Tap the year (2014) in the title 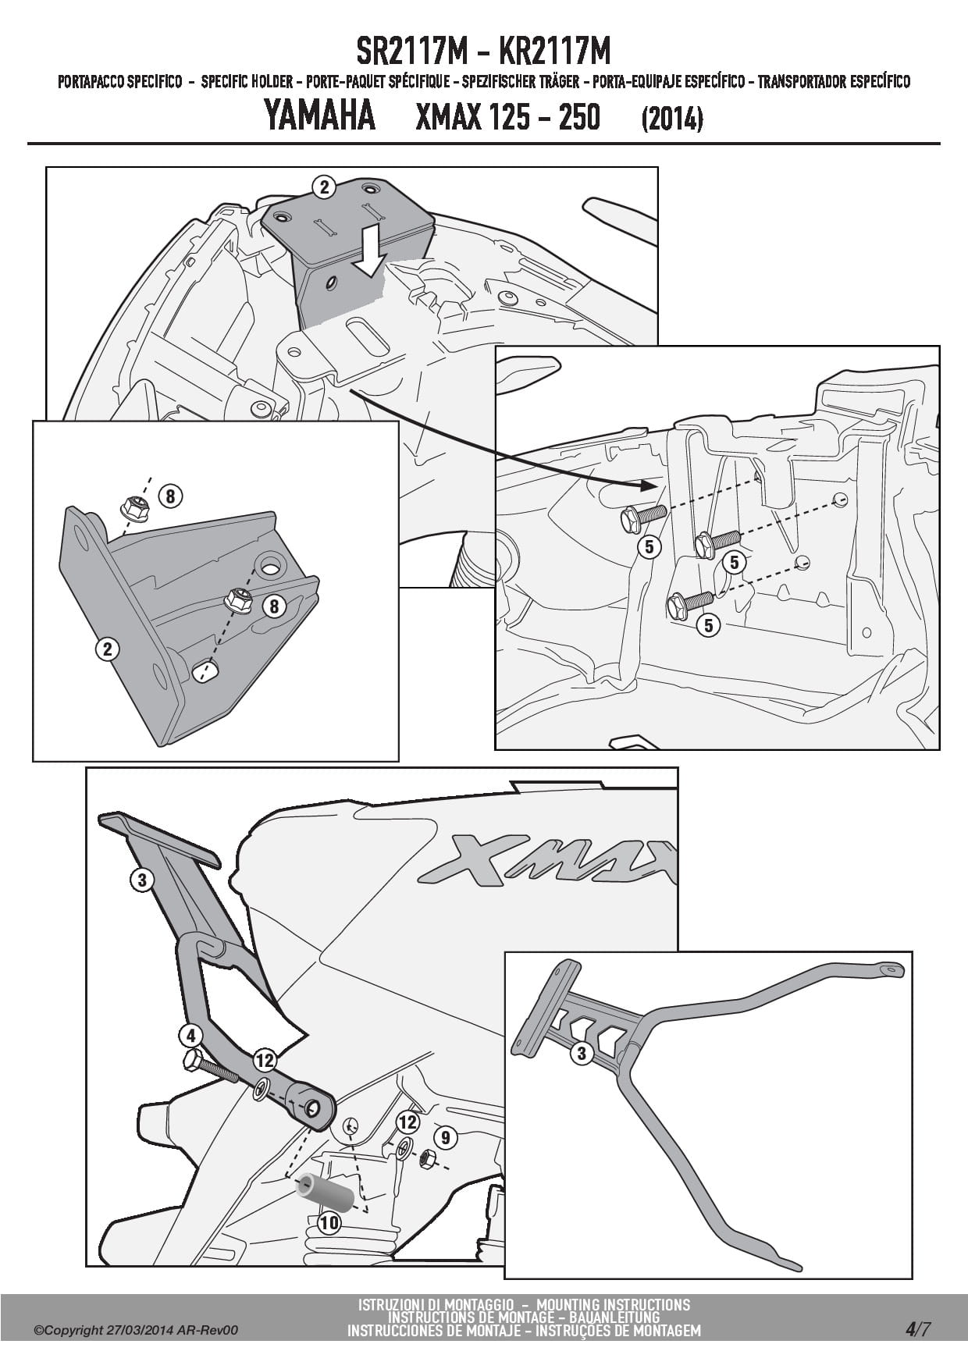point(671,119)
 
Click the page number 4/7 point(918,1328)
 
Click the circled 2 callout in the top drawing point(323,187)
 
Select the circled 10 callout point(329,1222)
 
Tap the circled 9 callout point(445,1137)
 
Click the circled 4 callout point(190,1036)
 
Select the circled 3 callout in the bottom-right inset point(582,1054)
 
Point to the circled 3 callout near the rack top point(141,880)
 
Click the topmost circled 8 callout point(170,496)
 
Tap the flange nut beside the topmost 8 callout point(135,509)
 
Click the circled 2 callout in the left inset point(107,649)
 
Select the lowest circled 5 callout point(708,625)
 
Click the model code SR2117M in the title point(412,52)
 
